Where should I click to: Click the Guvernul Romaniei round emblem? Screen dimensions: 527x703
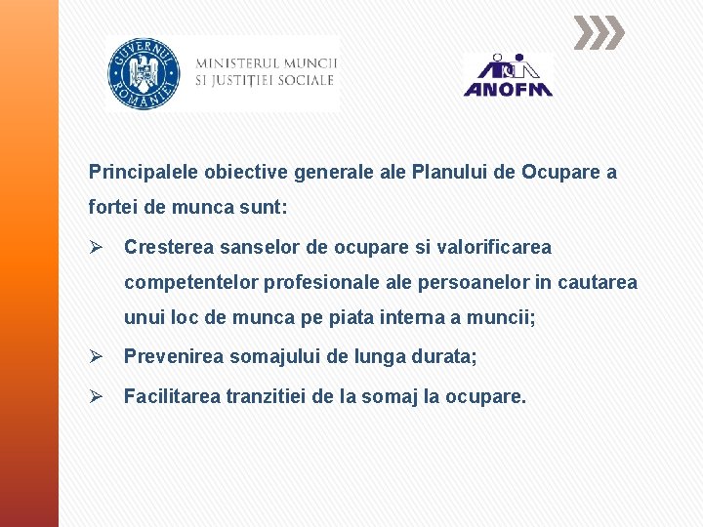[x=143, y=72]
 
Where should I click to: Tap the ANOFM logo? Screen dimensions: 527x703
[x=507, y=76]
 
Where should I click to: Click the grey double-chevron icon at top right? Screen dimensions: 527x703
[x=598, y=34]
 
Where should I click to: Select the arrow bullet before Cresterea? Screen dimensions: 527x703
[x=96, y=247]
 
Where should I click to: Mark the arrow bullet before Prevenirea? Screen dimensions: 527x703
[x=96, y=357]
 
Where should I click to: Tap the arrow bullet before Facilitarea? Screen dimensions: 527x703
[x=96, y=396]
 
